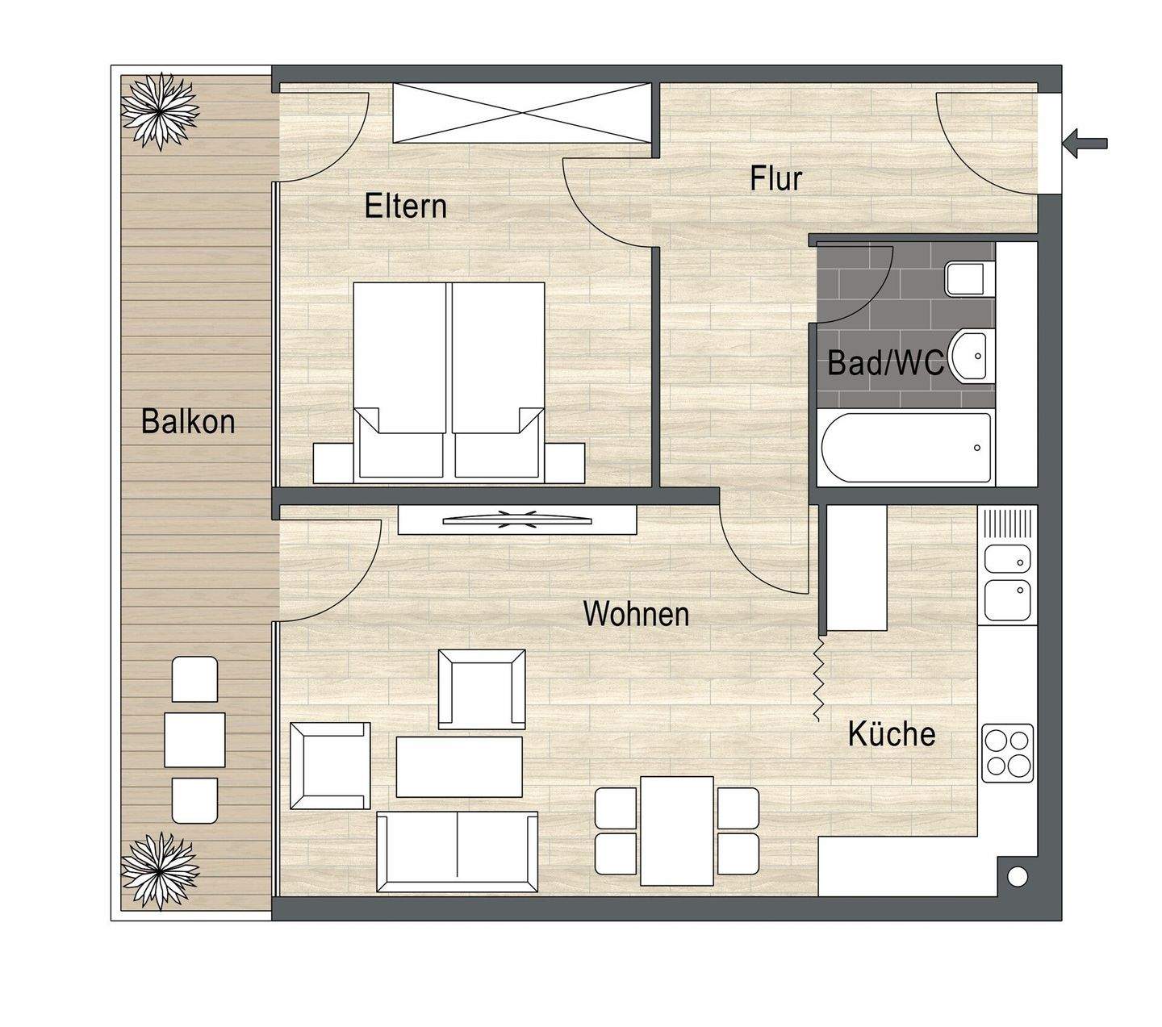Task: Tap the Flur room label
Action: pyautogui.click(x=776, y=178)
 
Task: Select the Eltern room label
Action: pyautogui.click(x=405, y=206)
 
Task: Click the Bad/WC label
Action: pyautogui.click(x=885, y=363)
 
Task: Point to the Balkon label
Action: pyautogui.click(x=188, y=422)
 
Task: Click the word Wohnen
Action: pyautogui.click(x=636, y=614)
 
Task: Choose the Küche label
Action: pyautogui.click(x=892, y=734)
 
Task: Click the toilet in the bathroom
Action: pyautogui.click(x=969, y=279)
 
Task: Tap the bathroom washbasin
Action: pyautogui.click(x=972, y=356)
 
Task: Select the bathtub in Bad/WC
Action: pyautogui.click(x=905, y=448)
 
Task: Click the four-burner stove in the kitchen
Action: pyautogui.click(x=1007, y=753)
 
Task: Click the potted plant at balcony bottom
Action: pyautogui.click(x=159, y=870)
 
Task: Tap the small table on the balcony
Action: pyautogui.click(x=194, y=740)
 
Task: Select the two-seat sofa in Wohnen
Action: pyautogui.click(x=458, y=852)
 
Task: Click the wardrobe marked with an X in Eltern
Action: pyautogui.click(x=521, y=113)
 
